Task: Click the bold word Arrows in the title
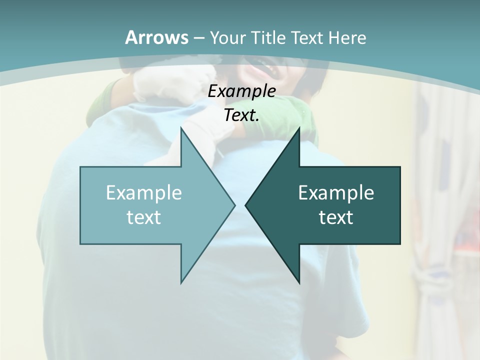[x=156, y=37]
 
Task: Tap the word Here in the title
[x=347, y=37]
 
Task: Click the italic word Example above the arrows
[x=241, y=91]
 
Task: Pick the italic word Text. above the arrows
[x=241, y=115]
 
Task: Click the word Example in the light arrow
[x=144, y=192]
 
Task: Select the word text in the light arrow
[x=144, y=217]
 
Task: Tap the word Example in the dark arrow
[x=336, y=192]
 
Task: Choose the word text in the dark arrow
[x=336, y=217]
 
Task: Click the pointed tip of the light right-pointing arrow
[x=234, y=205]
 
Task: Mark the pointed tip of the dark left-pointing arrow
[x=245, y=205]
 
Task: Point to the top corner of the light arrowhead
[x=181, y=128]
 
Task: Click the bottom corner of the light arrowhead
[x=181, y=282]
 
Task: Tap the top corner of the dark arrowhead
[x=299, y=128]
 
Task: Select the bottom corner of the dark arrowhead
[x=299, y=282]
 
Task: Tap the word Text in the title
[x=307, y=37]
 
